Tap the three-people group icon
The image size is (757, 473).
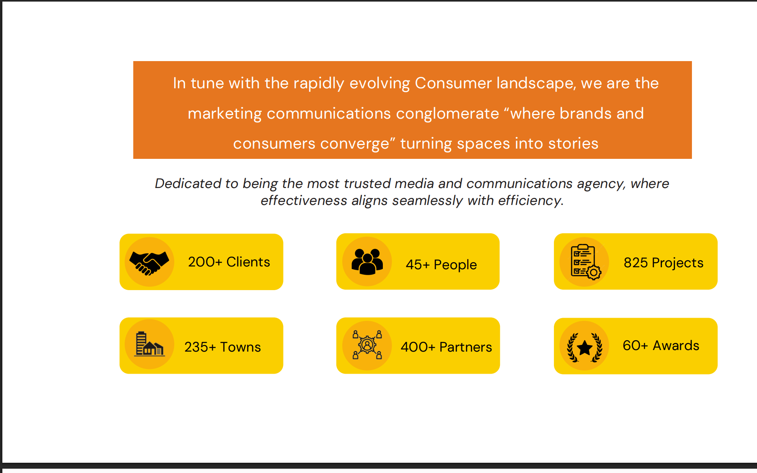tap(367, 261)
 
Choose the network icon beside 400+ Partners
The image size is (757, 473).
tap(367, 345)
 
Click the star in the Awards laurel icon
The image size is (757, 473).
tap(584, 348)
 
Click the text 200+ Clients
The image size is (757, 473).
tap(229, 262)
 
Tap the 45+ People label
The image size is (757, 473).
tap(441, 264)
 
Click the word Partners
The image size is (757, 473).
tap(466, 347)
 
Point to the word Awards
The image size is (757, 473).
tap(676, 345)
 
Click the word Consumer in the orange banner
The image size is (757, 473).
tap(453, 83)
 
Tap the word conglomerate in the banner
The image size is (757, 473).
tap(447, 114)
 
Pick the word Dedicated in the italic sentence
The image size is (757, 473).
tap(188, 183)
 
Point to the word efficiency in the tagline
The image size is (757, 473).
tap(530, 201)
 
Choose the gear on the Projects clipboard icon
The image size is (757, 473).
tap(594, 272)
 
